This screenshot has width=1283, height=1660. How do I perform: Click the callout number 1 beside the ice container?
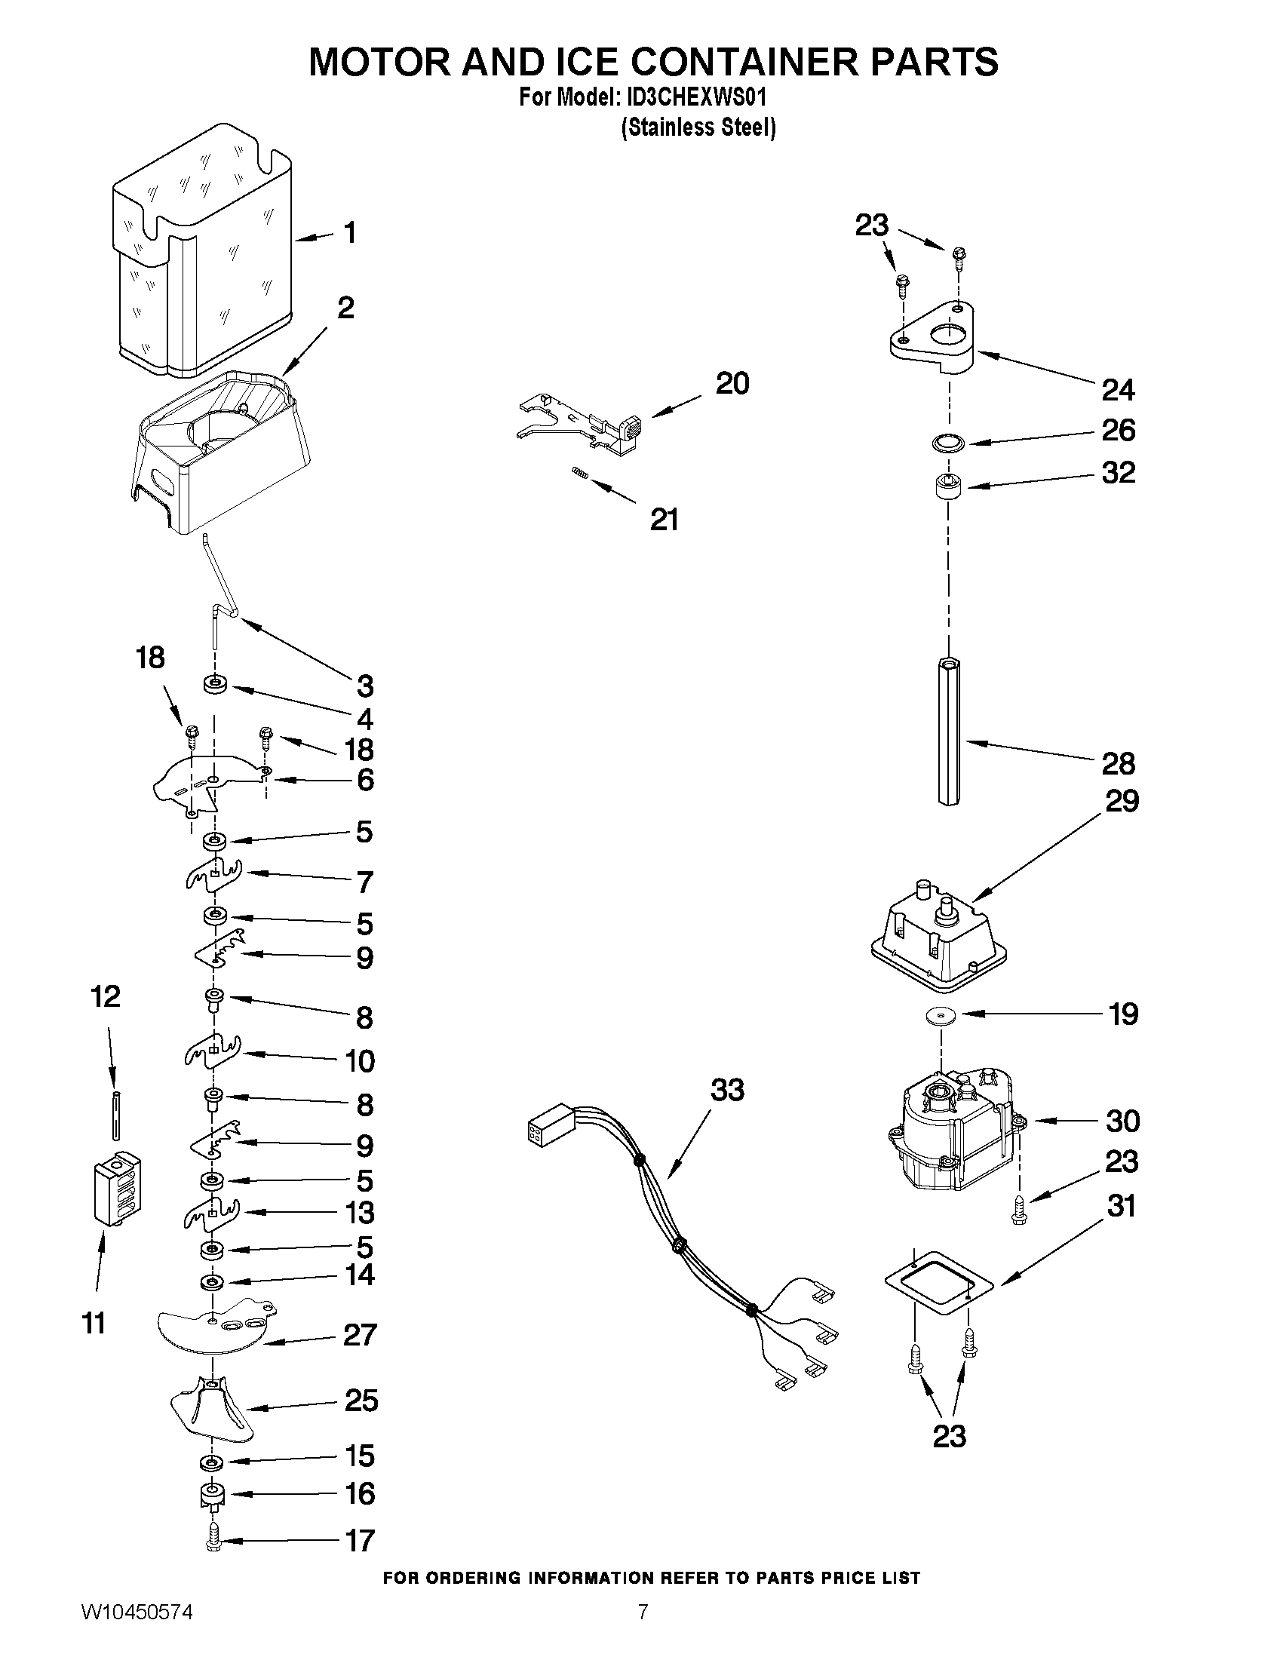(349, 232)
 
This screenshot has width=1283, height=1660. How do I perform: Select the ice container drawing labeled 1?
(201, 251)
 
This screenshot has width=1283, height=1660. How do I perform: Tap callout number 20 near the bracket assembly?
(732, 384)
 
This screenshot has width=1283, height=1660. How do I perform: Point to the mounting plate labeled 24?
(935, 338)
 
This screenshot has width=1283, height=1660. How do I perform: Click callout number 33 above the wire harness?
(726, 1090)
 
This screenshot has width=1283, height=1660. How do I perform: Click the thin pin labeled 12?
(115, 1114)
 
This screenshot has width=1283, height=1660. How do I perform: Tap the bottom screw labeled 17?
(213, 1540)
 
